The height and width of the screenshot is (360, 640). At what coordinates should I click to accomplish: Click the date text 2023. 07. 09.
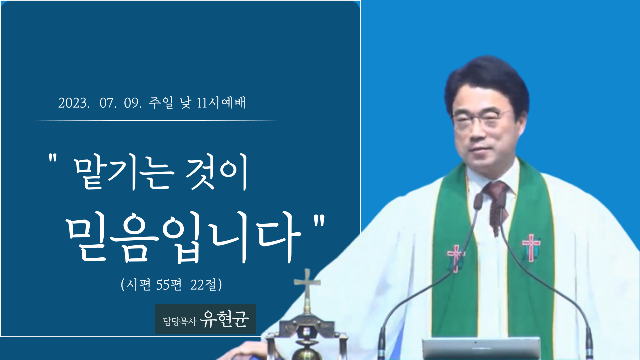100,103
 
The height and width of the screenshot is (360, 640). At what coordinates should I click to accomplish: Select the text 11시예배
221,103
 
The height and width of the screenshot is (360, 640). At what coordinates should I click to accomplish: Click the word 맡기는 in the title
125,173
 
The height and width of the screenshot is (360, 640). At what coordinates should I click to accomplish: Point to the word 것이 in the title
217,172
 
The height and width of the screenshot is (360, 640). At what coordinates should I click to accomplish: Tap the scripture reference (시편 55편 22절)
171,284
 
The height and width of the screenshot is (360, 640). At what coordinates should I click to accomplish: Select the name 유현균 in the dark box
224,319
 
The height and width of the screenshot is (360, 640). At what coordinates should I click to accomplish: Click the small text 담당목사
180,322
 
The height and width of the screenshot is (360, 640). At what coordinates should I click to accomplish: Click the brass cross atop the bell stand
307,288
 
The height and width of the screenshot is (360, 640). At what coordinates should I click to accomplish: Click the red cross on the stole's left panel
456,257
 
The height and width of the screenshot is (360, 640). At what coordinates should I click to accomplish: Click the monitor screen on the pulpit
481,349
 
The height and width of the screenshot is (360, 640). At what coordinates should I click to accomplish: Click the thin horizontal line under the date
156,121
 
